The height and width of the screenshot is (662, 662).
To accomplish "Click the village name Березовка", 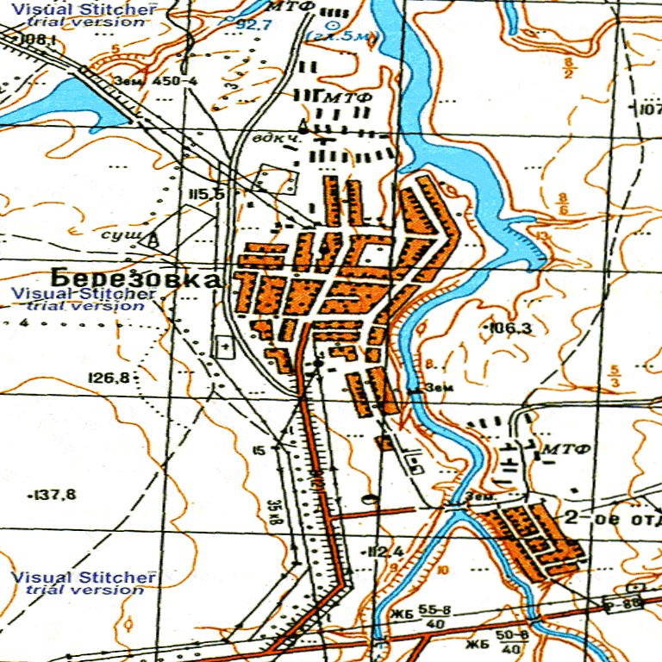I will click(136, 278).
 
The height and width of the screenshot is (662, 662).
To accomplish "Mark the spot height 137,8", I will click(53, 495).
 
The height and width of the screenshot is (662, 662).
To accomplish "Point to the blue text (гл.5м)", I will click(342, 37).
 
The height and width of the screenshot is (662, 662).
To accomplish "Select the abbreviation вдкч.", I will click(271, 138).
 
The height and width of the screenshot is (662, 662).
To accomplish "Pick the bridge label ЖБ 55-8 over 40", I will click(418, 614).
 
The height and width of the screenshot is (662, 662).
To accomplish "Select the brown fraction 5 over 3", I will click(614, 376).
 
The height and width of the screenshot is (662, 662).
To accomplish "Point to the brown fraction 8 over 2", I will click(568, 68).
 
